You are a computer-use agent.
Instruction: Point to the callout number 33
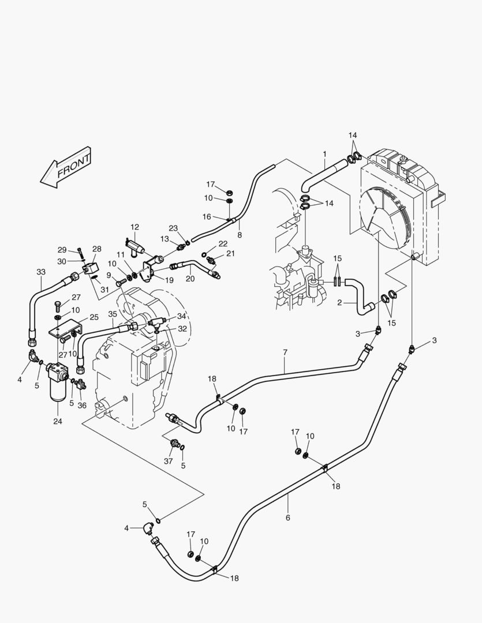(x=40, y=271)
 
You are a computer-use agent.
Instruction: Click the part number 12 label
(x=134, y=227)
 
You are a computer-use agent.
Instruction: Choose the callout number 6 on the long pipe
(x=287, y=517)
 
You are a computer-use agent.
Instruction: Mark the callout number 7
(x=285, y=352)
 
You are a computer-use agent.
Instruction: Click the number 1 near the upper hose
(x=324, y=154)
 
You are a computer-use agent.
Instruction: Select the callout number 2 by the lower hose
(x=339, y=302)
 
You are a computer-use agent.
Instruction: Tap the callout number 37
(x=168, y=461)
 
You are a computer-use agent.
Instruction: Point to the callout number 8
(x=240, y=235)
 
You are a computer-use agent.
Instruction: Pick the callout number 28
(x=97, y=249)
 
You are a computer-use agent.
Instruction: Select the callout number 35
(x=113, y=314)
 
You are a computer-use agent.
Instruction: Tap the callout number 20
(x=190, y=279)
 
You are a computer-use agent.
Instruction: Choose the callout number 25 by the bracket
(x=94, y=317)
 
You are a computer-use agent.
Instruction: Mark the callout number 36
(x=82, y=405)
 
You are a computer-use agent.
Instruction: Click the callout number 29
(x=62, y=250)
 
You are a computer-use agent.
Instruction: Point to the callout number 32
(x=182, y=329)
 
